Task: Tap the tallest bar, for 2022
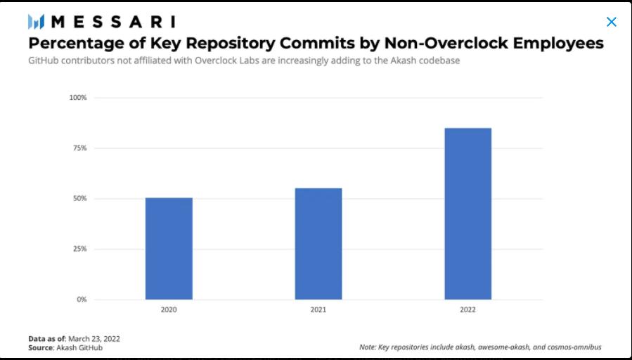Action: (468, 214)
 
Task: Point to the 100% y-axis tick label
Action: (77, 98)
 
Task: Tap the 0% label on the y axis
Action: (81, 300)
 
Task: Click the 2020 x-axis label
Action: (169, 310)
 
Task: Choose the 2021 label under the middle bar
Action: (318, 310)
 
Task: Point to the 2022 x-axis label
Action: (468, 310)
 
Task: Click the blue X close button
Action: (612, 22)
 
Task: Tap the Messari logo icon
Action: (37, 22)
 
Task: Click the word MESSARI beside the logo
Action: (113, 22)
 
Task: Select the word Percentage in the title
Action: (76, 44)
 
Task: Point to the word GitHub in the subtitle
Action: (44, 61)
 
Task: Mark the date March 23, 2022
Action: (95, 339)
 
